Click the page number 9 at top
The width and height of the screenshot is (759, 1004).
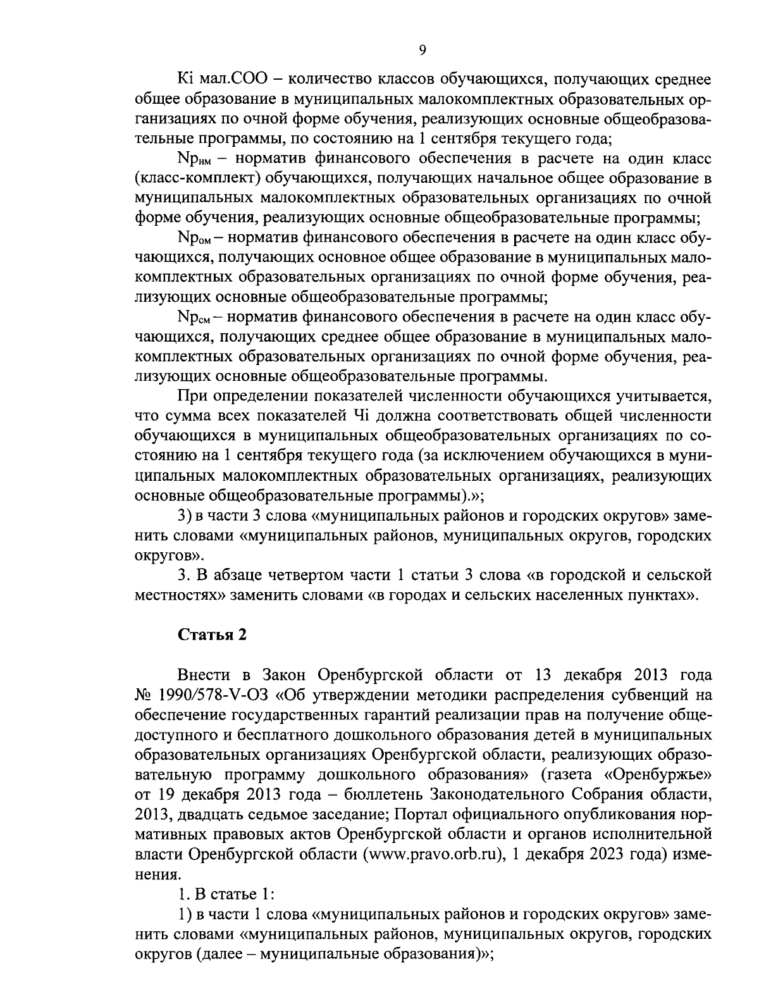point(423,51)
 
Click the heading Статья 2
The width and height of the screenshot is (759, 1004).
point(211,635)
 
